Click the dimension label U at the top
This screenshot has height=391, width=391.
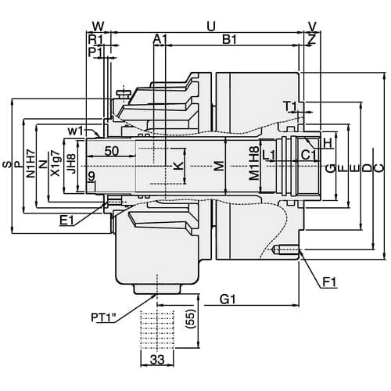point(210,26)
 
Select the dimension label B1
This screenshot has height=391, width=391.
point(230,39)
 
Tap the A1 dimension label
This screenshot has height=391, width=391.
point(160,39)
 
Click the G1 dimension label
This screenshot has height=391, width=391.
point(229,299)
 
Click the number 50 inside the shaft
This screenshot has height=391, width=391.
point(111,150)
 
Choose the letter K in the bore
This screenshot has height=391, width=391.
point(179,166)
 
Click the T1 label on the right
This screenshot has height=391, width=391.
point(289,106)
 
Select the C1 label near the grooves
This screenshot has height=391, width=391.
point(308,155)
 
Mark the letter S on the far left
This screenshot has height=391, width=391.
point(7,165)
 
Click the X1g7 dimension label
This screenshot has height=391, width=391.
point(55,165)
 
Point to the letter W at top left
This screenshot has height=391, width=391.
point(98,26)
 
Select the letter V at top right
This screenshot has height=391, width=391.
point(313,26)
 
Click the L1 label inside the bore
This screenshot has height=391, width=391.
point(268,155)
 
